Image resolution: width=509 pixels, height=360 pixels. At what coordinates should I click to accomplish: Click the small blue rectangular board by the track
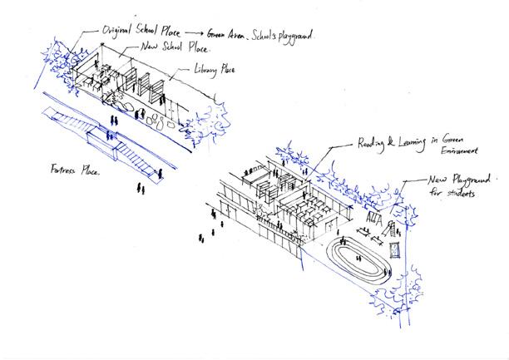click(397, 249)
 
